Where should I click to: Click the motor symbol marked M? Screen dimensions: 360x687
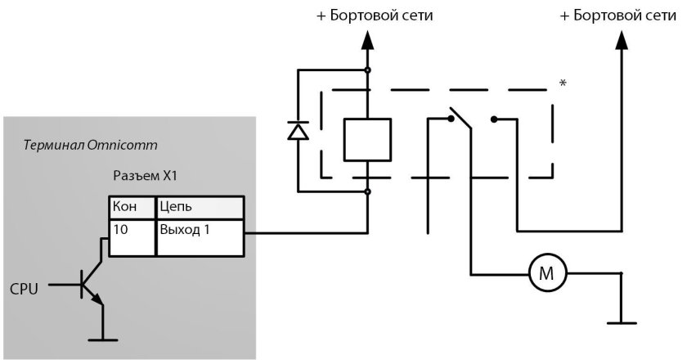point(544,273)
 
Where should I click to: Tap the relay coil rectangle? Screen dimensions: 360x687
point(366,138)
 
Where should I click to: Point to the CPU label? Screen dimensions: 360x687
point(24,289)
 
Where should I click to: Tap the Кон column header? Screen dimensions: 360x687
point(132,207)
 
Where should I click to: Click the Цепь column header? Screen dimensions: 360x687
point(200,207)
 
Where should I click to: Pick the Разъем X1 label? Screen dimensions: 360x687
point(145,177)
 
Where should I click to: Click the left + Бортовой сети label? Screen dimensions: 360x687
point(375,16)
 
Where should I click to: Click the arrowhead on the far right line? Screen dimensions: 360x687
point(620,40)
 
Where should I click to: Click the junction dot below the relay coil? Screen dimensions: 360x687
point(366,192)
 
